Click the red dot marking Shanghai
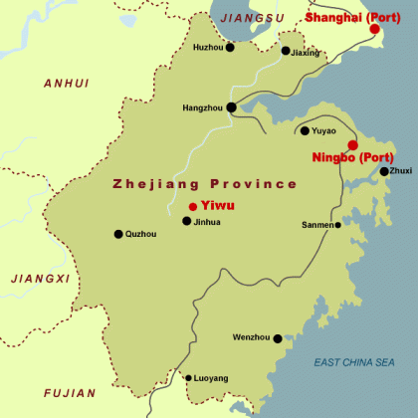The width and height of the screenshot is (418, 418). pos(375,29)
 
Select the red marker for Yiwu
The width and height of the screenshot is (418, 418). pos(192,206)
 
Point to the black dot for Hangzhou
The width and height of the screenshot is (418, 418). pos(232,107)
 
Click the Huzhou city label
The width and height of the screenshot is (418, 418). pos(208,47)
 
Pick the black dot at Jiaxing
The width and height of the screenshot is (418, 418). pos(286,51)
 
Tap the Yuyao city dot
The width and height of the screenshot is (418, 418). pos(305,130)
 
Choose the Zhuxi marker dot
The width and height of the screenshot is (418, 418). pos(384,171)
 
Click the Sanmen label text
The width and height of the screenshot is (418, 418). pos(317,225)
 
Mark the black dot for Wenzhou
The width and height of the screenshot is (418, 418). pos(278,338)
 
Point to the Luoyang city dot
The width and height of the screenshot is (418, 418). pos(188,378)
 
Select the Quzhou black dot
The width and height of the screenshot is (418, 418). pos(118,234)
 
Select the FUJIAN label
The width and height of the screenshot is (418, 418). pos(69,393)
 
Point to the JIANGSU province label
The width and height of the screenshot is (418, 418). pos(252,18)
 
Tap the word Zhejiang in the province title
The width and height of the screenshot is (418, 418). pos(149,184)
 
